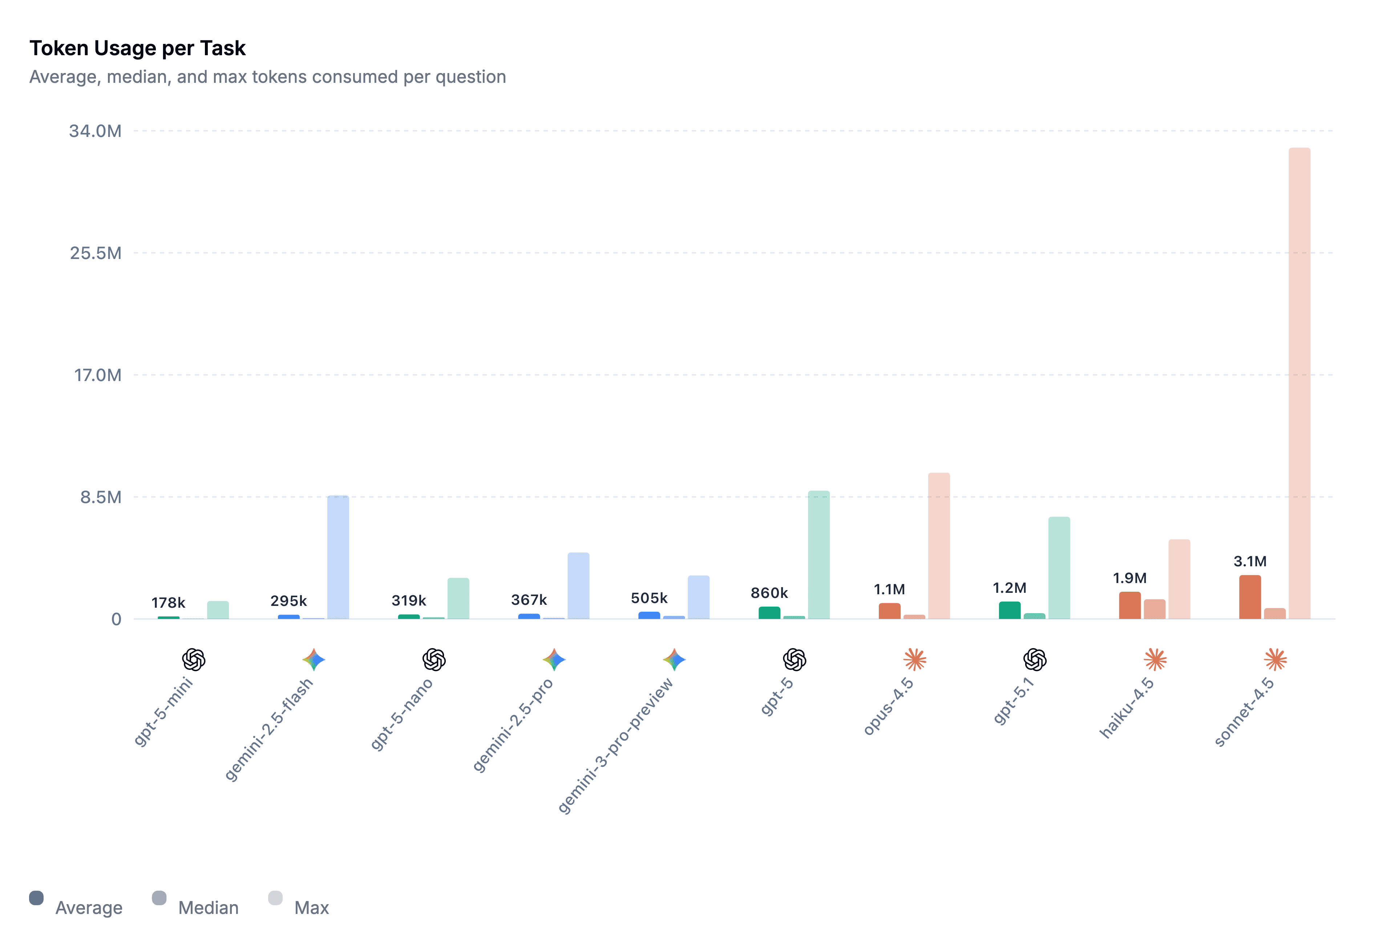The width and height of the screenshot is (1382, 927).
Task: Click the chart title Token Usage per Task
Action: pos(137,48)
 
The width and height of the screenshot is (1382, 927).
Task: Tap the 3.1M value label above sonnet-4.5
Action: pos(1249,561)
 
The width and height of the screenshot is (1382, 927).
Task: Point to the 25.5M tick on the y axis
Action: pos(96,253)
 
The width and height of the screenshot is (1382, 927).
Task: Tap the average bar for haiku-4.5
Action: pos(1130,606)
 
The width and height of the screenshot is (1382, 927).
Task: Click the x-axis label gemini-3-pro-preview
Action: pos(615,745)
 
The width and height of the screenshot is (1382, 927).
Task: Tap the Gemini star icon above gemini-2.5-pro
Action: pos(554,659)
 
